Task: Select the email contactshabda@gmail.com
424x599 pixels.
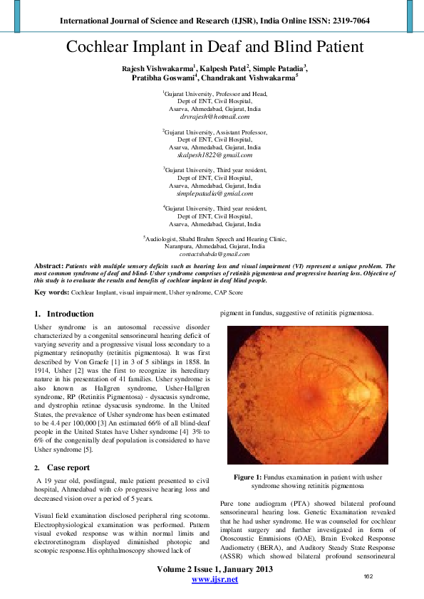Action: point(214,253)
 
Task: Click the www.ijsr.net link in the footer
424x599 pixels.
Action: point(214,579)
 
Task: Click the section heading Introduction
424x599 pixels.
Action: point(70,314)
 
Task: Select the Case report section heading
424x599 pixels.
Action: point(68,467)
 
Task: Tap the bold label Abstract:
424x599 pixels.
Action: point(48,265)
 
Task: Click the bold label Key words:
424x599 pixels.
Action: point(51,292)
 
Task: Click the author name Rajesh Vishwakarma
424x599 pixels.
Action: point(157,68)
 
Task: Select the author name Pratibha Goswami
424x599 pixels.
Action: point(162,78)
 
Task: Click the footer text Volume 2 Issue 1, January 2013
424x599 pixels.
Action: point(214,568)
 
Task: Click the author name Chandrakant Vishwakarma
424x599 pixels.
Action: point(248,78)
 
